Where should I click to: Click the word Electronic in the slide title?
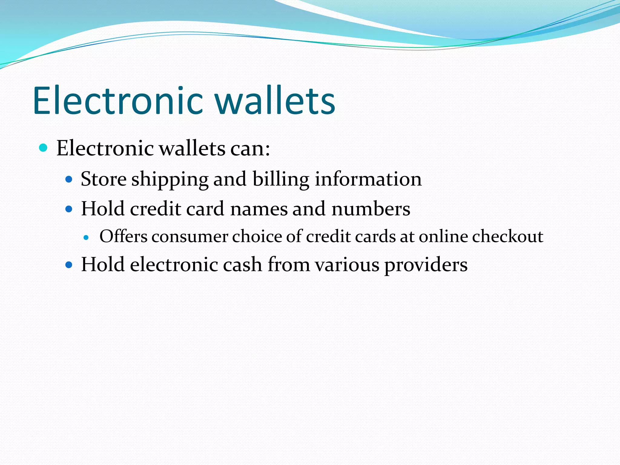(118, 101)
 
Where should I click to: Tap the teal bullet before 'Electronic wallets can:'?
(44, 148)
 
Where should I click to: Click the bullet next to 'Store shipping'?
(69, 180)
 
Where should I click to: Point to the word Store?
(104, 179)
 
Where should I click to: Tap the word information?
(368, 179)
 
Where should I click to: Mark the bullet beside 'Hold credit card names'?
(69, 209)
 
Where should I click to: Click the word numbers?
(371, 209)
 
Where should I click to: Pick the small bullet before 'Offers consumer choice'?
(86, 238)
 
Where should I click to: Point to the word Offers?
(124, 236)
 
